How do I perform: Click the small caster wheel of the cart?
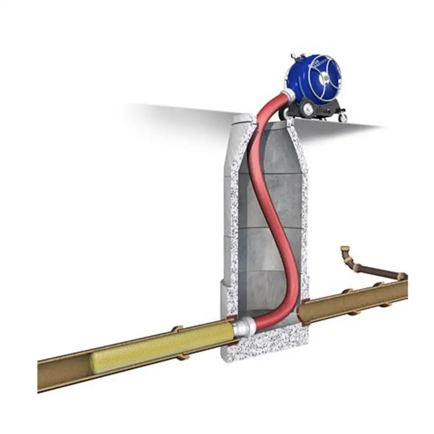coord(343,117)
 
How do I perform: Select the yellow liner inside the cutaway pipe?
coord(165,345)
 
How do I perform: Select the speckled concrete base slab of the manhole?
coord(265,343)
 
